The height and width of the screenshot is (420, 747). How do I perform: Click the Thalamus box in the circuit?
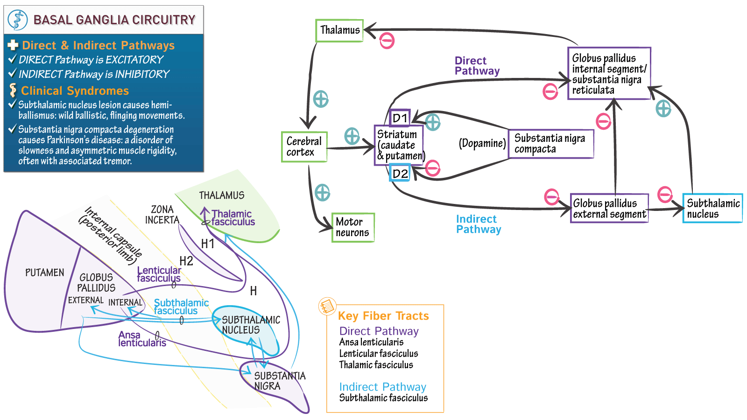[339, 30]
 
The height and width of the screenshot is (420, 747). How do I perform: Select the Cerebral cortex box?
[304, 147]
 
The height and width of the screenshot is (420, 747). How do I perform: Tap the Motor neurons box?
[352, 227]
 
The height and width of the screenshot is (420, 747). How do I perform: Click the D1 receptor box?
[400, 118]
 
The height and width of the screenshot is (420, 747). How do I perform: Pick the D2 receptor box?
[400, 174]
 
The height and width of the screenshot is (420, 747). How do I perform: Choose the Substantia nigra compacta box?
[550, 144]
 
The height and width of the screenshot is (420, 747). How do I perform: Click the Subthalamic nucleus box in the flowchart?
[712, 208]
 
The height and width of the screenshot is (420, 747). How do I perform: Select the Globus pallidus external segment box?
[609, 208]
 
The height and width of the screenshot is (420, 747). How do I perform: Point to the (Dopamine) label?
[482, 143]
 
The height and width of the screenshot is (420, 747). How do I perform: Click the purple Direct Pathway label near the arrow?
[477, 66]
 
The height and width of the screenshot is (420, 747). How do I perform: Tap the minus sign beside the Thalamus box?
[387, 41]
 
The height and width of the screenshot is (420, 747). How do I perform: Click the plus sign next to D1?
[433, 122]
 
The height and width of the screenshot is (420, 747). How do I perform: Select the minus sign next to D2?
[433, 168]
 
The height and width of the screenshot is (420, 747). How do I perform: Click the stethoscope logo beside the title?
[18, 20]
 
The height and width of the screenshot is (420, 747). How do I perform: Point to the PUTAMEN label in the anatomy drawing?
[45, 273]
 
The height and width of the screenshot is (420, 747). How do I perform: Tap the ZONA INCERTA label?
[162, 215]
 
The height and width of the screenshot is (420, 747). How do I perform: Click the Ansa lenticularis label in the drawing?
[142, 339]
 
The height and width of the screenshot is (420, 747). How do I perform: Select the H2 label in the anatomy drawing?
[186, 261]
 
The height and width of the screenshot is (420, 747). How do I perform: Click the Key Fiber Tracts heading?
[383, 316]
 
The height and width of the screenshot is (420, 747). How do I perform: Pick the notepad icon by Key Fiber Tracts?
[327, 307]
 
